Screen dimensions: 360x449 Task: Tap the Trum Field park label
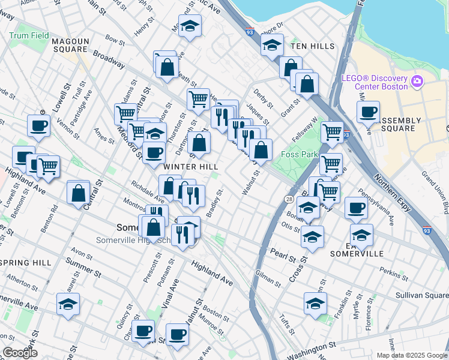[x=29, y=36]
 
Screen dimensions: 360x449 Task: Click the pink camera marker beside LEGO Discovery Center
[x=417, y=82]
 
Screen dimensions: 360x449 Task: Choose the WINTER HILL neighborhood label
[x=190, y=166]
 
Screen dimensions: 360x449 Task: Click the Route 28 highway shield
[x=289, y=199]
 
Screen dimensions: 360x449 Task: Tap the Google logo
[x=20, y=353]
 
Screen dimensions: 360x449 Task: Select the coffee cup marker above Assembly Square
[x=367, y=112]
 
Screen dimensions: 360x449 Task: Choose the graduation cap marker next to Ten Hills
[x=272, y=46]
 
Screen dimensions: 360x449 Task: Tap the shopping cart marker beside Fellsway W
[x=332, y=132]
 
